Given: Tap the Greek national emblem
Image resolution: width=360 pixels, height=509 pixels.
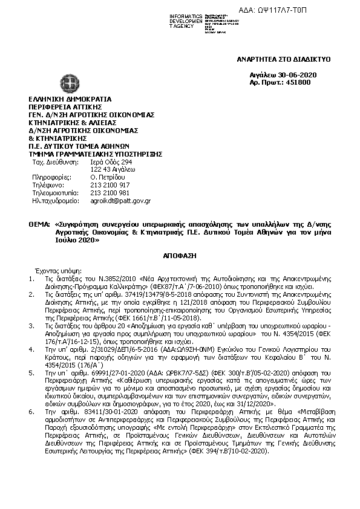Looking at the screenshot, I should pyautogui.click(x=64, y=83).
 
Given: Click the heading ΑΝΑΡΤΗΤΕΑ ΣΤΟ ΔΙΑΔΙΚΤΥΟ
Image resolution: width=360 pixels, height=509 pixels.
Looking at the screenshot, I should pyautogui.click(x=284, y=60).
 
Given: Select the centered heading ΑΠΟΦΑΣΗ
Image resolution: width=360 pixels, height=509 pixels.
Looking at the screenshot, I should pyautogui.click(x=180, y=255).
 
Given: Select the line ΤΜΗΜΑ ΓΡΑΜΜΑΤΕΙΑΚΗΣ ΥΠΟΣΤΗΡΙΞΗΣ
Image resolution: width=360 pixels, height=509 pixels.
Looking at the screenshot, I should pyautogui.click(x=96, y=154).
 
